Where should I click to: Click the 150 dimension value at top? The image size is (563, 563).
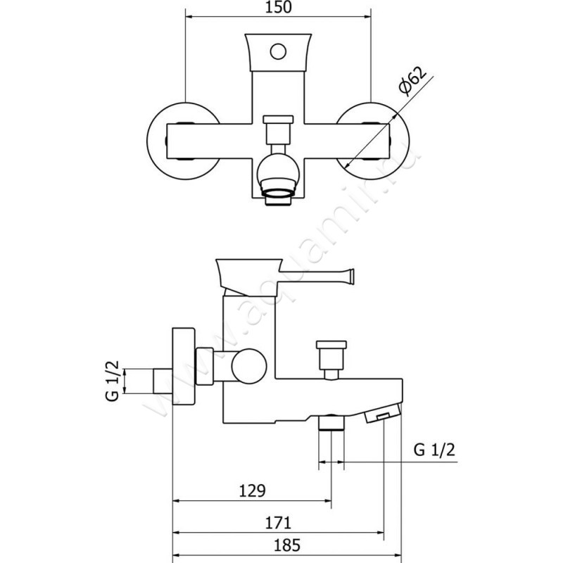[x=278, y=8]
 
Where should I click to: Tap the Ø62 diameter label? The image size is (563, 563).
[x=413, y=81]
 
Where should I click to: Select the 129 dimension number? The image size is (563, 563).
[x=253, y=491]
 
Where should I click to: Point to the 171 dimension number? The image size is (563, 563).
[x=278, y=523]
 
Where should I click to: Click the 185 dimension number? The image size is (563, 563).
[x=287, y=545]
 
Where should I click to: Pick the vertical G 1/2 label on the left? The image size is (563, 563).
[x=113, y=381]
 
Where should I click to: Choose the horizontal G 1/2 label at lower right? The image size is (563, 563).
[x=434, y=449]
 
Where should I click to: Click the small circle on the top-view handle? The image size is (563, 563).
[x=278, y=51]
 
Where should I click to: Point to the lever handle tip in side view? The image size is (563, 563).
[x=353, y=274]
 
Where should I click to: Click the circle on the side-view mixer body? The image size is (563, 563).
[x=249, y=366]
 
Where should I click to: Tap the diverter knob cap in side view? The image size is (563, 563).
[x=331, y=345]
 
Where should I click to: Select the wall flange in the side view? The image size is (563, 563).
[x=184, y=366]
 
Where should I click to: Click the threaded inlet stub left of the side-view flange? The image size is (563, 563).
[x=163, y=381]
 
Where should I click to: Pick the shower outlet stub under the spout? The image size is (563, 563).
[x=331, y=422]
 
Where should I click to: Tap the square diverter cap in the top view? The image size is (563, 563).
[x=278, y=119]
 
